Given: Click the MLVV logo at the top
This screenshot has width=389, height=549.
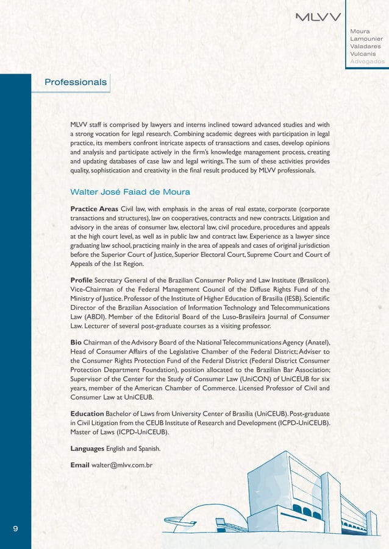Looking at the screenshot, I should [318, 16].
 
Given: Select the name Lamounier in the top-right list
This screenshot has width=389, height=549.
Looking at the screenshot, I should [366, 38].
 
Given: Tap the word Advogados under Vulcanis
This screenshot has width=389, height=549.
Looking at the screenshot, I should [367, 61].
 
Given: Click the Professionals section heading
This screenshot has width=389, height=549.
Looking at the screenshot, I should [76, 82].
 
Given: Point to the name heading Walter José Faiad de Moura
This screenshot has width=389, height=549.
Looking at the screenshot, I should [130, 192].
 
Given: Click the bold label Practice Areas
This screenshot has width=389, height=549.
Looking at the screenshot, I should [95, 209].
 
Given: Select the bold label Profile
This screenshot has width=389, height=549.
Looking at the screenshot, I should [82, 279].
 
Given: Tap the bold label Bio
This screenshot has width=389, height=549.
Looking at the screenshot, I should [77, 342].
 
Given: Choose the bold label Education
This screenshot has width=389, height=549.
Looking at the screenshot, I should [87, 414].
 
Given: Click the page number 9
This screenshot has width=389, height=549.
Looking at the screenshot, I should [15, 528].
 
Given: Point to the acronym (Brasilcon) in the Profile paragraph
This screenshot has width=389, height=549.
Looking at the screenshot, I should [310, 280].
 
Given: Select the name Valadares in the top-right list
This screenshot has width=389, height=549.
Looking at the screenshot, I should [366, 46].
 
